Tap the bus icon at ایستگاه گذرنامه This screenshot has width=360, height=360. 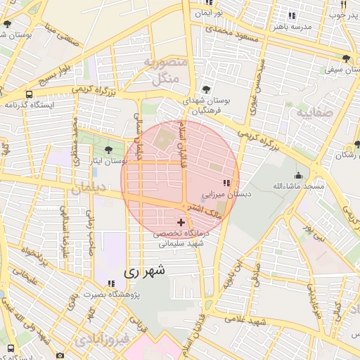[x=30, y=94]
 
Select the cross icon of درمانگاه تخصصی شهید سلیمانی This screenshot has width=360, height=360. [x=181, y=222]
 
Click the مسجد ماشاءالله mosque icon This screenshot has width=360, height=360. [x=300, y=175]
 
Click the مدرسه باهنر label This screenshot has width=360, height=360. [x=309, y=27]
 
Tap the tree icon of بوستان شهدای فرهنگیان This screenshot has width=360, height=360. [x=205, y=89]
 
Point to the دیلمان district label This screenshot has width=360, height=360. [x=87, y=189]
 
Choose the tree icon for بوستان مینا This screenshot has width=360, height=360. [x=7, y=24]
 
